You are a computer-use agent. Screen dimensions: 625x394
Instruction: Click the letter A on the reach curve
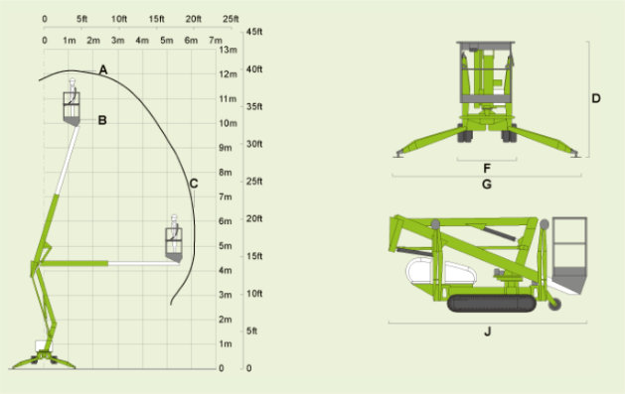(103, 69)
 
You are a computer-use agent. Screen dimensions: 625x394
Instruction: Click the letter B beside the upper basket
(102, 120)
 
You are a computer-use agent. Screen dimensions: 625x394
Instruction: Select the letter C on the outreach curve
(194, 184)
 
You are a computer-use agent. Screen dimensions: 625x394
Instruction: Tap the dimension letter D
(596, 98)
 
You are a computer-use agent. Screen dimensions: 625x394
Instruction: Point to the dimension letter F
(487, 169)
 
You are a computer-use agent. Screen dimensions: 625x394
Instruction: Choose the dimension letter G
(487, 185)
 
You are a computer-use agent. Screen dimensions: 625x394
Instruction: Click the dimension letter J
(488, 331)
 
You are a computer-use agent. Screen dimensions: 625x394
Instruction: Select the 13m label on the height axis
(228, 50)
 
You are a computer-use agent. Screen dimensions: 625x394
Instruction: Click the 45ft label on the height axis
(254, 32)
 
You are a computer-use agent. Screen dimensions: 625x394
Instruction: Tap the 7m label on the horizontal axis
(216, 41)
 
